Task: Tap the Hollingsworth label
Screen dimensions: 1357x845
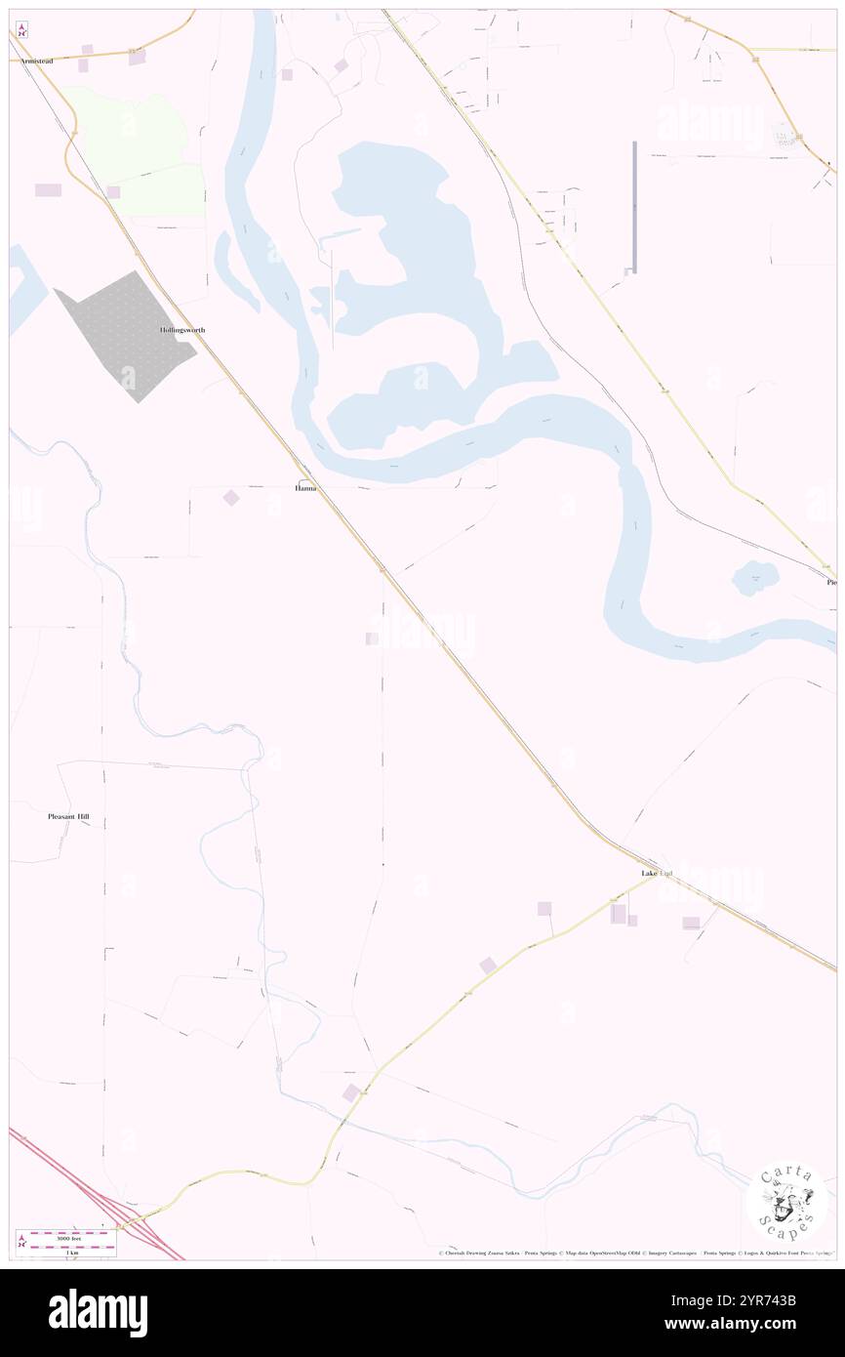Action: tap(182, 330)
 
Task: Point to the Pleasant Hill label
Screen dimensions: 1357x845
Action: tap(75, 816)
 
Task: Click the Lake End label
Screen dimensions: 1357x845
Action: tap(657, 872)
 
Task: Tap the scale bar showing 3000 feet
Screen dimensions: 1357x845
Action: tap(67, 1236)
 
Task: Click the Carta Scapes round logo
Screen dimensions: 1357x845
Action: tap(785, 1200)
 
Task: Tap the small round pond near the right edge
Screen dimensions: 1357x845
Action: tap(756, 578)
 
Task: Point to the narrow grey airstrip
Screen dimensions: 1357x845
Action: tap(634, 206)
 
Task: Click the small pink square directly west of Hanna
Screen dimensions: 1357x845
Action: tap(231, 498)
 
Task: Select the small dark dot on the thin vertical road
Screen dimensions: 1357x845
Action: tap(382, 865)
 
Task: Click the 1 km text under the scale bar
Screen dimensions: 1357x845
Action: tap(67, 1252)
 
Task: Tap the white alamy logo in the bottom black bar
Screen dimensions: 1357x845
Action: tap(98, 1313)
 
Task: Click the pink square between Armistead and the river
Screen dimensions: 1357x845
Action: tap(137, 58)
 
